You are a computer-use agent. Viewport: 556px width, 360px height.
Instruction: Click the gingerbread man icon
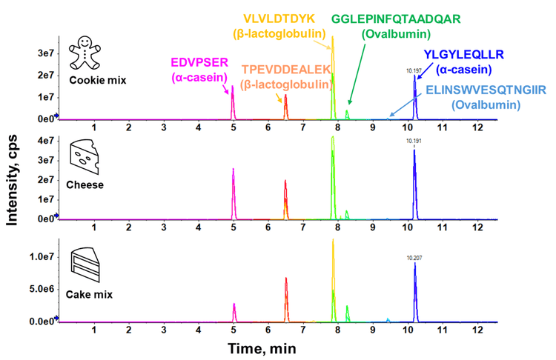[85, 53]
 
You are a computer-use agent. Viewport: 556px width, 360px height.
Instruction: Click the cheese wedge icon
[85, 157]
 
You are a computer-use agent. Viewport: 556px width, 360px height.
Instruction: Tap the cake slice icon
[85, 264]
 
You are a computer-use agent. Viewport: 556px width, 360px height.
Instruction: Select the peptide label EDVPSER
[199, 62]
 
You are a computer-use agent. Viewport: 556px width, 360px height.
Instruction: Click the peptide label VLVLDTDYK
[279, 19]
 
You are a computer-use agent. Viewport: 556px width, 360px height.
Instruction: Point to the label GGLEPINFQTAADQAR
[396, 19]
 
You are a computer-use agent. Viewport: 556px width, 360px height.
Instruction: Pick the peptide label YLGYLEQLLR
[464, 55]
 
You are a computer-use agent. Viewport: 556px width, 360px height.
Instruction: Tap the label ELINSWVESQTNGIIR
[486, 90]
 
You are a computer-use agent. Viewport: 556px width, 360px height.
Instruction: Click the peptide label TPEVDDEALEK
[286, 70]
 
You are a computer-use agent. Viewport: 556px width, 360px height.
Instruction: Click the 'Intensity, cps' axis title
[12, 180]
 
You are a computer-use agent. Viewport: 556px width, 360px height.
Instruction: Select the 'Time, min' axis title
[262, 349]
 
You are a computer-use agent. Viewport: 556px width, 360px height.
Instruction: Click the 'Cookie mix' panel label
[98, 80]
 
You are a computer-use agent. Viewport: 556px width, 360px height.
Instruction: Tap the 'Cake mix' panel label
[89, 295]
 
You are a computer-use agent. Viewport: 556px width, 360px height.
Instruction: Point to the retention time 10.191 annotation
[414, 141]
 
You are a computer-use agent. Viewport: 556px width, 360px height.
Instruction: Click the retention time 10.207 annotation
[414, 258]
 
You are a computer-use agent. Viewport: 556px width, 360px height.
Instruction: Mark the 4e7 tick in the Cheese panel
[46, 141]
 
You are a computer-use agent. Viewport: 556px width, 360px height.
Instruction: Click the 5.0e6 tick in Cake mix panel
[42, 289]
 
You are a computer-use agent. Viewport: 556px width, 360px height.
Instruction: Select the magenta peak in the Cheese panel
[234, 194]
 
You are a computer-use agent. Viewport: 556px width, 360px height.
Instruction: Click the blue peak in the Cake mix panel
[415, 293]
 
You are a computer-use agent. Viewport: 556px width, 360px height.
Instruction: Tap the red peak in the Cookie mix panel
[286, 107]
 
